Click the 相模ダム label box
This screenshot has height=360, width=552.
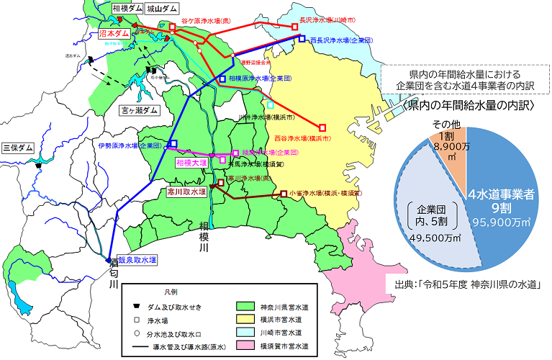(127, 9)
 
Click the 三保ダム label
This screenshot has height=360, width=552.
(19, 148)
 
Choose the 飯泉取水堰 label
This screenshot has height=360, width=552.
(137, 259)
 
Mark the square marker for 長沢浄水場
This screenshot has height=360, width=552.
(295, 27)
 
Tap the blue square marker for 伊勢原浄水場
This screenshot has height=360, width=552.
(172, 144)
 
